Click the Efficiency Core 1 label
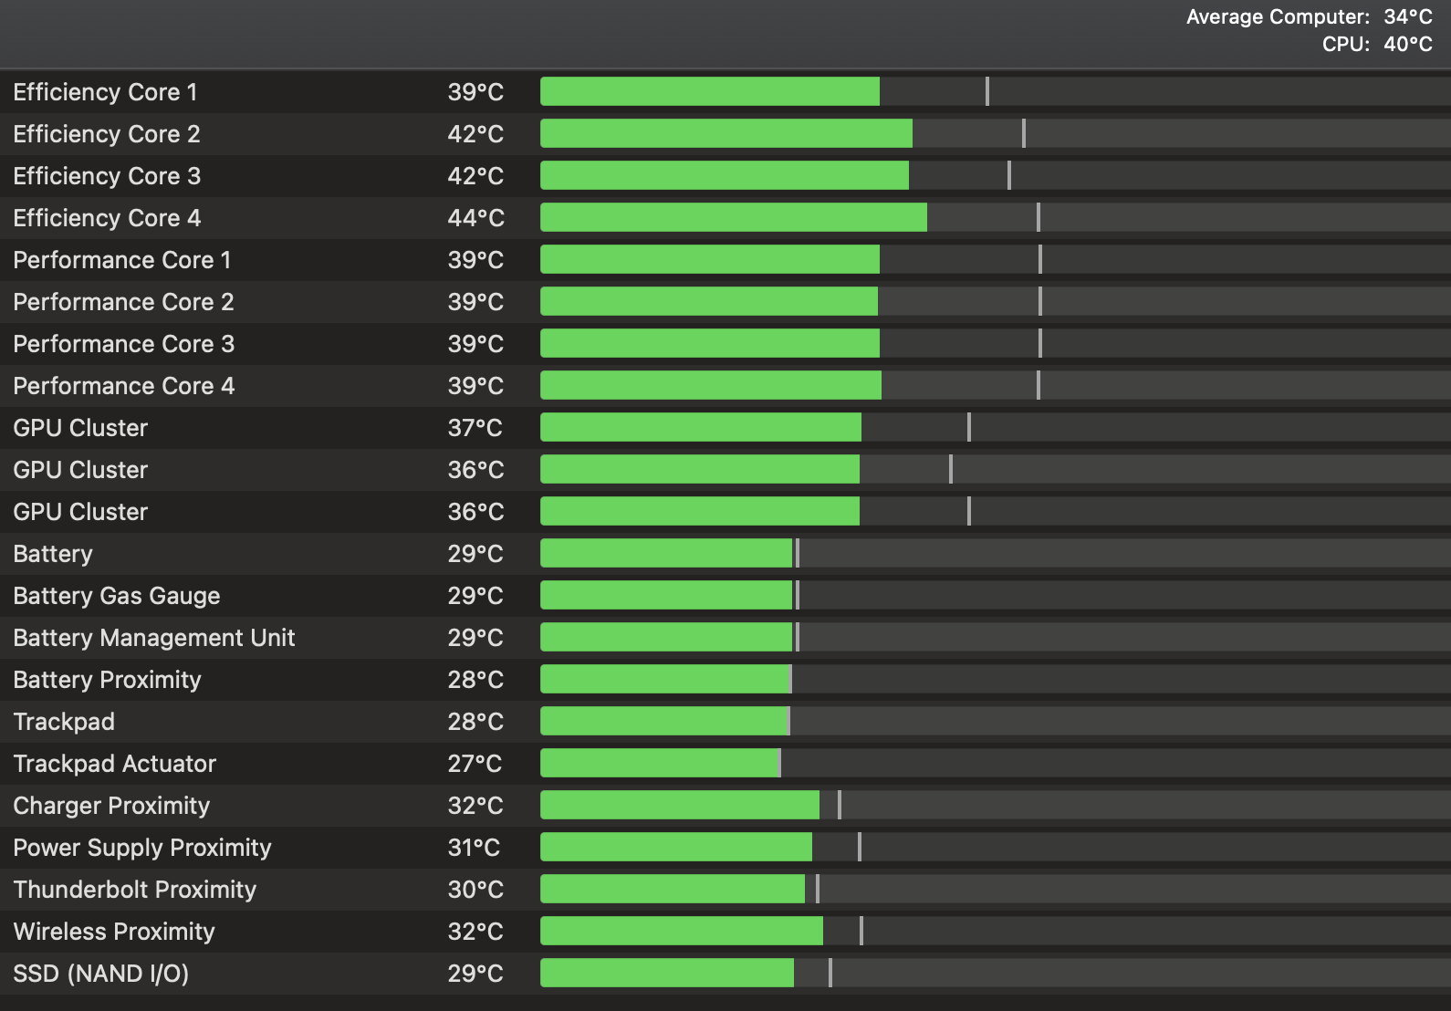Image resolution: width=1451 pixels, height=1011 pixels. pyautogui.click(x=105, y=92)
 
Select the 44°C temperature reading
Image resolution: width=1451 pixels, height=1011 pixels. pyautogui.click(x=475, y=218)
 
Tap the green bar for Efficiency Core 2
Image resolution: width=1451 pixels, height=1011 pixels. pyautogui.click(x=725, y=133)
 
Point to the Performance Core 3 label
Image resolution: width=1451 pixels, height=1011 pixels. pyautogui.click(x=123, y=344)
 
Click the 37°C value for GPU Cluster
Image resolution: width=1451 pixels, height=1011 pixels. pyautogui.click(x=475, y=428)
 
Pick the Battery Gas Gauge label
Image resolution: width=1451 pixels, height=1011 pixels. pyautogui.click(x=117, y=596)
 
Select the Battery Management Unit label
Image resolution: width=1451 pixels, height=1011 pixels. pyautogui.click(x=154, y=638)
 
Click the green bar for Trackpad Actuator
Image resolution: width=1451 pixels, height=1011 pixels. pyautogui.click(x=659, y=763)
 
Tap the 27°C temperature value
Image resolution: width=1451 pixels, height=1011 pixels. pyautogui.click(x=475, y=764)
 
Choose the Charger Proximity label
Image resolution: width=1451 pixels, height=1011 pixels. pyautogui.click(x=111, y=806)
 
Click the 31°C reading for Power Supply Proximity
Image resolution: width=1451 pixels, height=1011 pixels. pyautogui.click(x=474, y=848)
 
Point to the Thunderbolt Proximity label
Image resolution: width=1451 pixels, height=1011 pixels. pyautogui.click(x=135, y=890)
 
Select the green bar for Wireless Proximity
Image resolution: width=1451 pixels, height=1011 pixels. pyautogui.click(x=681, y=931)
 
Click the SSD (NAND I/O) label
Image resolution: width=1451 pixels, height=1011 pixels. pyautogui.click(x=101, y=974)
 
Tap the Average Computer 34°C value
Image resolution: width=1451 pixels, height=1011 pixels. pyautogui.click(x=1408, y=16)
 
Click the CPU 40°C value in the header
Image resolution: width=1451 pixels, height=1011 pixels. pyautogui.click(x=1408, y=44)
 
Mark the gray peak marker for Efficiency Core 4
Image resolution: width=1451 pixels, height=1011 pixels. pyautogui.click(x=1039, y=217)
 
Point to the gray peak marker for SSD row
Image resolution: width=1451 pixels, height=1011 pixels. pyautogui.click(x=830, y=973)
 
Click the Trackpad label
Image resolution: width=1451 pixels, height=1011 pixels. pyautogui.click(x=64, y=722)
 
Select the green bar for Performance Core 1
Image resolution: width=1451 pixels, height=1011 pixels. pyautogui.click(x=709, y=259)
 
